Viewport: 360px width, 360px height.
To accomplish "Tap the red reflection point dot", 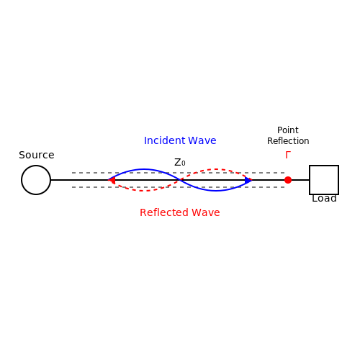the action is click(x=288, y=180).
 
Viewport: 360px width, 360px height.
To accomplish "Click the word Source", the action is click(x=37, y=155).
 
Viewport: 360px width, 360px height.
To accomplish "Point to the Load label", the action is click(x=324, y=199).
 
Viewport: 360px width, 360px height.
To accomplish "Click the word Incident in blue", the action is click(x=165, y=140).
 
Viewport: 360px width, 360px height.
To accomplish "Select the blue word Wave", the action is click(x=202, y=140).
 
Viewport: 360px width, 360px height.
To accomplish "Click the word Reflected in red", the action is click(x=164, y=212).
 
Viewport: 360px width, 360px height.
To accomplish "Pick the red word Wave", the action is click(x=206, y=212).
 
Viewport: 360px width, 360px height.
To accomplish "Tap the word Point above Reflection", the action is click(x=288, y=130).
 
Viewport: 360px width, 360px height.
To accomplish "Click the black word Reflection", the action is click(x=288, y=141).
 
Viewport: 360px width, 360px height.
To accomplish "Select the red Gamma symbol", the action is click(x=288, y=155).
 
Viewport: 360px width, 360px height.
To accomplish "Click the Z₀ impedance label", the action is click(x=180, y=163).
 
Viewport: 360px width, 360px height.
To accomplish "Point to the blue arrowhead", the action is click(x=248, y=180).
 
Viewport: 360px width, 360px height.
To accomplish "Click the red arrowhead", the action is click(x=112, y=180).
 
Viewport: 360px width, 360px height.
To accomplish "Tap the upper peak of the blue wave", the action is click(x=144, y=169).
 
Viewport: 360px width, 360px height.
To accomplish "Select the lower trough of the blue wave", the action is click(x=216, y=191).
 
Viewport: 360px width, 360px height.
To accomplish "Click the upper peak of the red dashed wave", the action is click(x=216, y=169).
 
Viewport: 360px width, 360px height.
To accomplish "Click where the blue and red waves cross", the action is click(x=180, y=180).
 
